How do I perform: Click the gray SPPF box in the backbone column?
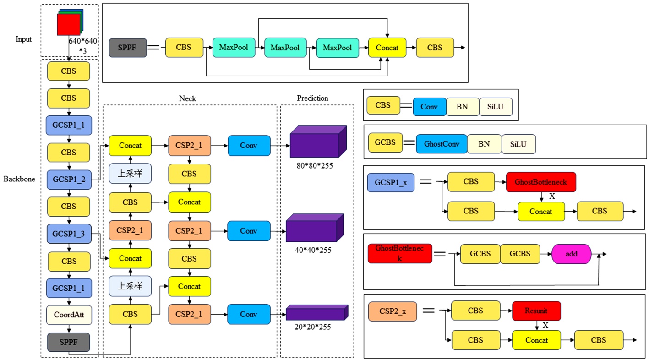(x=68, y=343)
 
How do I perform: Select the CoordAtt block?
(x=68, y=315)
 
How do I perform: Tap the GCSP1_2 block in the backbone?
(x=68, y=180)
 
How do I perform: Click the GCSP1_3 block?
(x=68, y=234)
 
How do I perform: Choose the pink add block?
(x=572, y=253)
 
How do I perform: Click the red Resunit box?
(x=536, y=311)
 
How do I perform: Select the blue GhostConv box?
(x=442, y=144)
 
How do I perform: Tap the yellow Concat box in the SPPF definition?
(x=387, y=48)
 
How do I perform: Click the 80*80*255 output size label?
(x=315, y=165)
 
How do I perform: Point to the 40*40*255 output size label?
(x=313, y=250)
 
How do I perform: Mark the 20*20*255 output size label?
(x=313, y=327)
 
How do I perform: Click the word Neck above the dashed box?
(x=188, y=98)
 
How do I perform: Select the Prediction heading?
(x=312, y=98)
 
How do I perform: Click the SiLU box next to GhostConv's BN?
(x=518, y=144)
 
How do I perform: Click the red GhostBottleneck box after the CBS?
(x=540, y=182)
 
